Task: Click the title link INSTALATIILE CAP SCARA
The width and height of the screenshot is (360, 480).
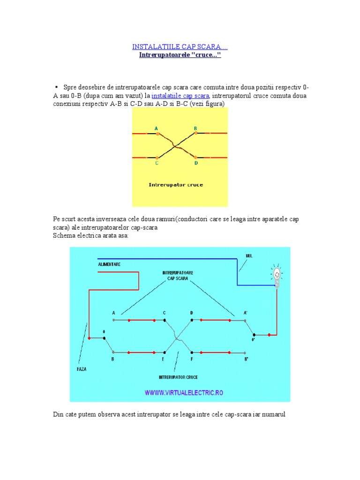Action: click(180, 47)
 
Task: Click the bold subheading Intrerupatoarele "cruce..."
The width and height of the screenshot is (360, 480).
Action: click(180, 55)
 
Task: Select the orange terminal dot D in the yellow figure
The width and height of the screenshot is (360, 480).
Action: click(196, 157)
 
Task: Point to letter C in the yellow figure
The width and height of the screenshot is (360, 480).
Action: click(156, 164)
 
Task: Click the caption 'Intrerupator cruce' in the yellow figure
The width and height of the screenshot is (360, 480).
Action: click(176, 185)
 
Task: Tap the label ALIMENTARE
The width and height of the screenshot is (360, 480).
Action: click(109, 264)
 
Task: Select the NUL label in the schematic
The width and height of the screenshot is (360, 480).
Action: click(249, 256)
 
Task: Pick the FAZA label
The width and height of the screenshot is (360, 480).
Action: click(82, 369)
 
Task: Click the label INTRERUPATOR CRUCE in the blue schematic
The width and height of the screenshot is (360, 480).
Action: click(178, 377)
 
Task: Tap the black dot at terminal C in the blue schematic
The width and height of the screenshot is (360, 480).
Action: click(165, 321)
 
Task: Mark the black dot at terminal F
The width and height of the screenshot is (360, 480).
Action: click(191, 352)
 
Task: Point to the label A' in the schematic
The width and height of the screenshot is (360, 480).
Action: click(245, 312)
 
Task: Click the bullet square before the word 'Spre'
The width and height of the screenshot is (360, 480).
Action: click(56, 87)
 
